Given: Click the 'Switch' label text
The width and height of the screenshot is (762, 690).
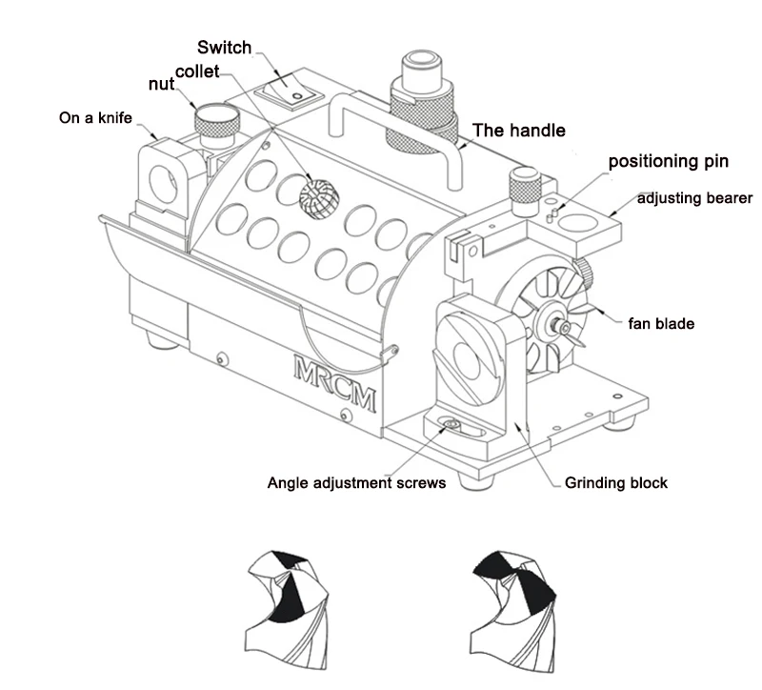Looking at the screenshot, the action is coord(224,48).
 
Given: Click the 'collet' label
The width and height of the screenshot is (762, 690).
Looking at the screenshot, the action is coord(197,71).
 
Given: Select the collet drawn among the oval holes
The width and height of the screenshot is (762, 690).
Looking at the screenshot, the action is coord(317,198).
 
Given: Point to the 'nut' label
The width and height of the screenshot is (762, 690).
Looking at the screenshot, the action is coord(161,84).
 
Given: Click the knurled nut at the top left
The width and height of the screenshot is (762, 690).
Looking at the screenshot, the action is coord(217,123).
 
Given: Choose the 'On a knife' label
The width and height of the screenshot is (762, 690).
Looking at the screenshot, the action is coord(95,117).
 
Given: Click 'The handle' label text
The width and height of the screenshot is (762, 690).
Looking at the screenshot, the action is coord(519,131).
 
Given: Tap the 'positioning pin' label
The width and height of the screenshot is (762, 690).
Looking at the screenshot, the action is coord(669,161).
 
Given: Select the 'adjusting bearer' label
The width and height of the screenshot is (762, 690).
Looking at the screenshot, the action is coord(694,198).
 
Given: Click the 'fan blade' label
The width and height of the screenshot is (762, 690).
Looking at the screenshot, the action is coord(661,323).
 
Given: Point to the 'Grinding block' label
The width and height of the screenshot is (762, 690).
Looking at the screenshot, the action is coord(615,483).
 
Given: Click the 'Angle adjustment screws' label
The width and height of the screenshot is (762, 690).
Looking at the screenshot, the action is coord(356,483).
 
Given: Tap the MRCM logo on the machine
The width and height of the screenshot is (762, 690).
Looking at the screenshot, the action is coord(335,383).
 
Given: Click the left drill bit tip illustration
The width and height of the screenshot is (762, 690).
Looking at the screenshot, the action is coord(287,610).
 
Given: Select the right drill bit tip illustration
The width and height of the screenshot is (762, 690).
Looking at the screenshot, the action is coord(513,610).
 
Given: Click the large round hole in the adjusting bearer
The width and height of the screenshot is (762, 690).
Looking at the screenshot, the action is coord(577,223).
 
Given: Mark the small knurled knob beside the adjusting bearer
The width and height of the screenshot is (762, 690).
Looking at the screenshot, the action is coord(525,190).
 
